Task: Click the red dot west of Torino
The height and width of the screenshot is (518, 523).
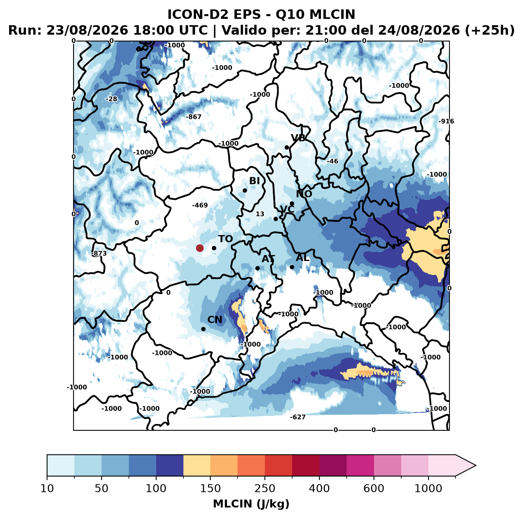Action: pos(200,248)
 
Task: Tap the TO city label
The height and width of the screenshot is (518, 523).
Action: pos(226,239)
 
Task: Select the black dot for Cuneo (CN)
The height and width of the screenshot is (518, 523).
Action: pos(203,329)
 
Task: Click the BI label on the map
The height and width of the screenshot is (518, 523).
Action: pos(254,181)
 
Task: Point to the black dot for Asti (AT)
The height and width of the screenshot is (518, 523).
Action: pos(257,268)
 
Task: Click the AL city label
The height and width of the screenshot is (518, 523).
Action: pos(302,257)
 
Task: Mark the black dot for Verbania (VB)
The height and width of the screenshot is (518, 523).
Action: pos(287,147)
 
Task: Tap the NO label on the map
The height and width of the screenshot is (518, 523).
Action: pos(304,194)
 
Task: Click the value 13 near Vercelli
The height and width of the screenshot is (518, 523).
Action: pos(260,214)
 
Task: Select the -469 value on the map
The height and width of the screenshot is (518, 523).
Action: pos(200,205)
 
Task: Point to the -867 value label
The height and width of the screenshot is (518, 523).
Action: pos(194,117)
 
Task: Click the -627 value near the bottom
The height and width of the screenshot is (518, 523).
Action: pos(298,417)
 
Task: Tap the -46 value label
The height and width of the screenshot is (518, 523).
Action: pos(332,161)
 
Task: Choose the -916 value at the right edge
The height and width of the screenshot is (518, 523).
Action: pos(446,121)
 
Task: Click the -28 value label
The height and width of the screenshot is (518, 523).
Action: pos(111,99)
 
